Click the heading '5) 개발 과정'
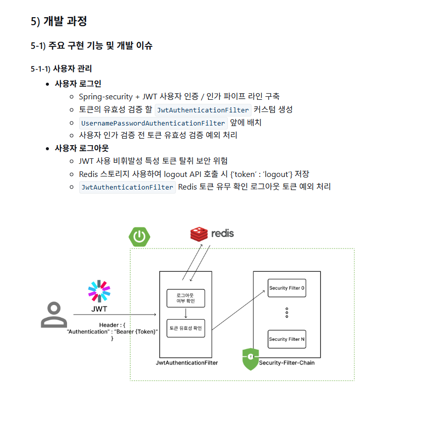point(59,21)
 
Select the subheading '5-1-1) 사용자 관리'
point(61,69)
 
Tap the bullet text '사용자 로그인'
point(78,84)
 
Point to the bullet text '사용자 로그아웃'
point(82,148)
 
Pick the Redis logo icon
point(199,234)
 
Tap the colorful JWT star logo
point(99,291)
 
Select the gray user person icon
point(53,315)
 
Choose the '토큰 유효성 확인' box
point(186,328)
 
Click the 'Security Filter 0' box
point(286,288)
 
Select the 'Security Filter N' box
point(286,339)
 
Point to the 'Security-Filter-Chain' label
point(286,362)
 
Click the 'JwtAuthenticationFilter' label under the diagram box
point(187,362)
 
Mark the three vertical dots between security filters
point(286,313)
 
